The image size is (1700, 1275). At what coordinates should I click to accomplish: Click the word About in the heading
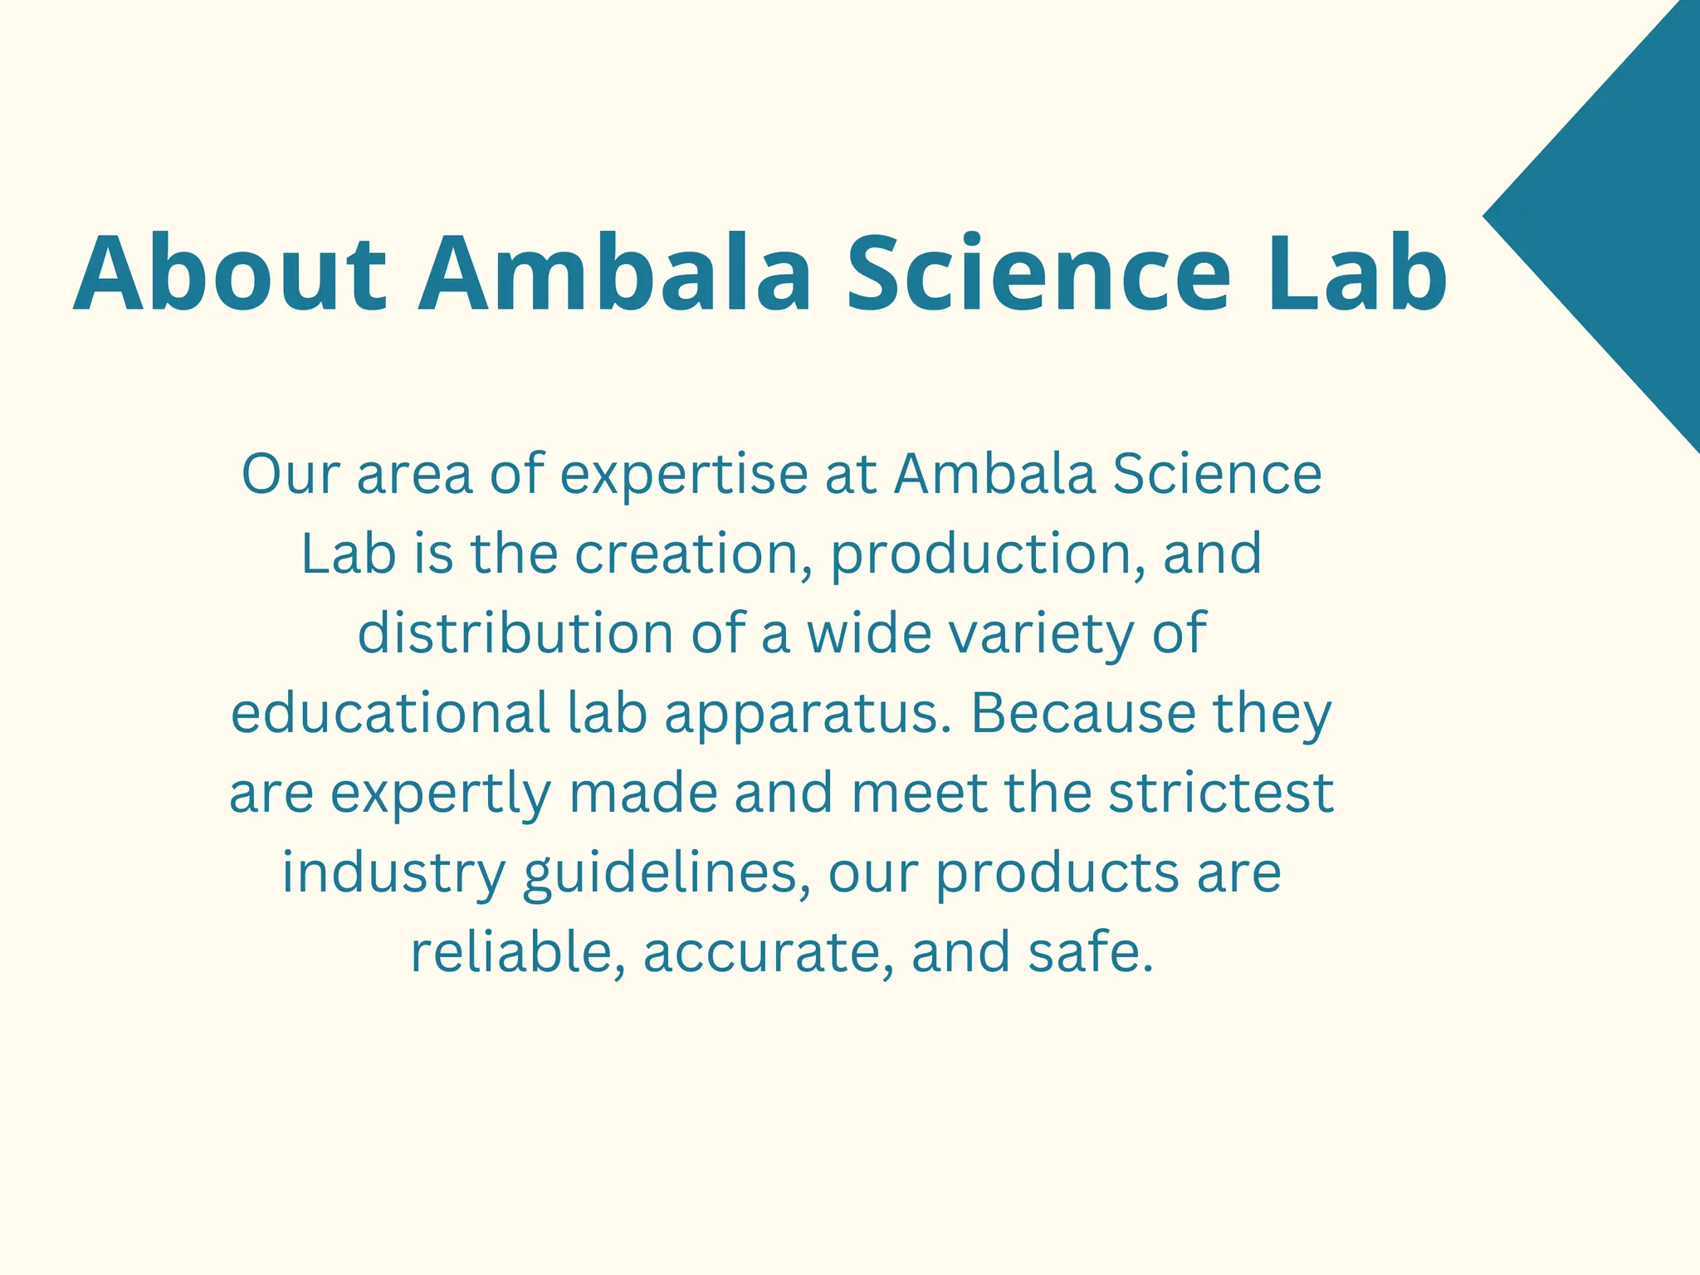(x=230, y=274)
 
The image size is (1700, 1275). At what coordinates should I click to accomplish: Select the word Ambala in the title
(x=614, y=274)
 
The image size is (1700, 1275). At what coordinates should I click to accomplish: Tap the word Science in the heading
(x=1038, y=274)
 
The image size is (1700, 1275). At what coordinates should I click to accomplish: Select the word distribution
(x=515, y=633)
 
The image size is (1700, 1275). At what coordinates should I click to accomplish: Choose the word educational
(x=390, y=713)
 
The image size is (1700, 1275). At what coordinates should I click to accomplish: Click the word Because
(x=1082, y=713)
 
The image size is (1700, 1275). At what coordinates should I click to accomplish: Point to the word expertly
(x=441, y=793)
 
